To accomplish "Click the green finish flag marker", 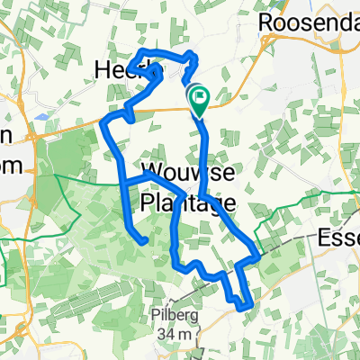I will [197, 96].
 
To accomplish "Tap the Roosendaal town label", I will [309, 21].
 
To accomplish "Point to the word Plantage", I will [187, 202].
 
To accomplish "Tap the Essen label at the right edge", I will [340, 238].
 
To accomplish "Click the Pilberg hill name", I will [173, 317].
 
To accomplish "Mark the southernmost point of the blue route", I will [245, 308].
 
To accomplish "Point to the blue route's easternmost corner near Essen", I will [259, 256].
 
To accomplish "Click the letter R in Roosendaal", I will [266, 21].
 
